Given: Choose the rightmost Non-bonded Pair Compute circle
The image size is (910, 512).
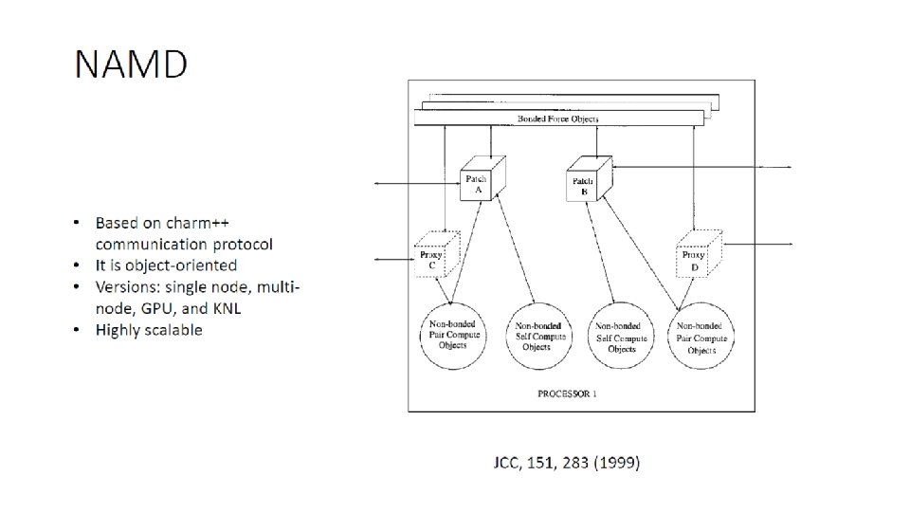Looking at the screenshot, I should tap(702, 335).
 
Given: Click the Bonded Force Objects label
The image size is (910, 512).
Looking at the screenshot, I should tap(557, 119).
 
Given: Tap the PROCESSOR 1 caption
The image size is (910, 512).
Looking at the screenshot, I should tap(567, 393).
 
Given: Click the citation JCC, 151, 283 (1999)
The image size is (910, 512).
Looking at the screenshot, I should tap(567, 463).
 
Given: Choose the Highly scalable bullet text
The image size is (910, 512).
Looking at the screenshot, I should tap(148, 329).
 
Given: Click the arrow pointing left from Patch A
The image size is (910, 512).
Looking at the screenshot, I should tap(408, 183).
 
